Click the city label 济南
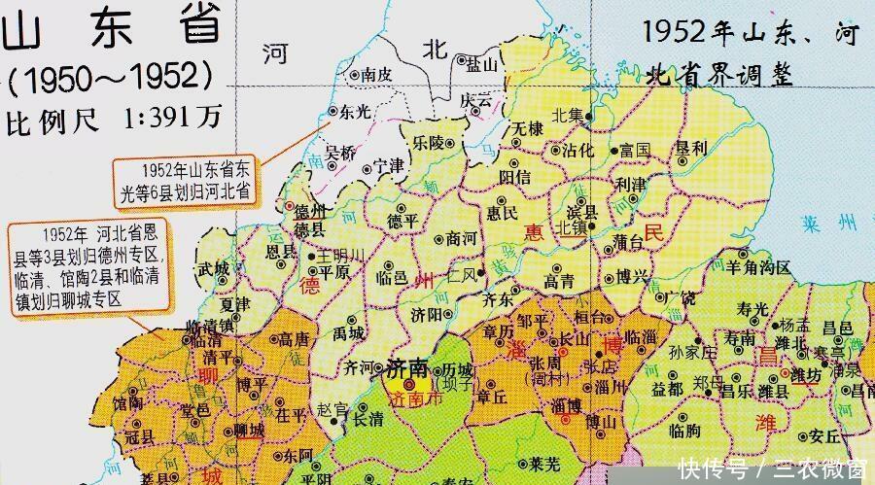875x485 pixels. coord(408,370)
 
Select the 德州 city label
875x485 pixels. coord(310,211)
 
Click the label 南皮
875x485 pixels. coord(375,74)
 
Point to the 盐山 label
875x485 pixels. coord(483,64)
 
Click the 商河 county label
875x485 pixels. coord(461,239)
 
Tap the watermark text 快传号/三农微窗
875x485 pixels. coord(772,467)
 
